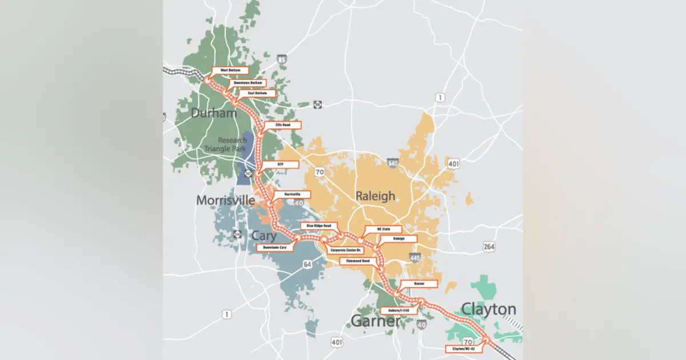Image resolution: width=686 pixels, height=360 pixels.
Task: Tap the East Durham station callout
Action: coord(257,93)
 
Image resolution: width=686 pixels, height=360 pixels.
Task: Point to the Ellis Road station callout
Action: coord(282,125)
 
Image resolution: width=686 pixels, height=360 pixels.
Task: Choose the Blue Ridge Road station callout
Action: coord(318,226)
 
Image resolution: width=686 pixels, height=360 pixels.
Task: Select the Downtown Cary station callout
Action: coord(274,247)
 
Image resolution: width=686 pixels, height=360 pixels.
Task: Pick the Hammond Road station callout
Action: coord(358,261)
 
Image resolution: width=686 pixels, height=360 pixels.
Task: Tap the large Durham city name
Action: coord(214,113)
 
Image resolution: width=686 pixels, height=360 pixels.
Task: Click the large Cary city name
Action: coord(264,235)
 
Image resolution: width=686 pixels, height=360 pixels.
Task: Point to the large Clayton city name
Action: coord(489,310)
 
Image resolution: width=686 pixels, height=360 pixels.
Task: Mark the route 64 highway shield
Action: coord(308,264)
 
